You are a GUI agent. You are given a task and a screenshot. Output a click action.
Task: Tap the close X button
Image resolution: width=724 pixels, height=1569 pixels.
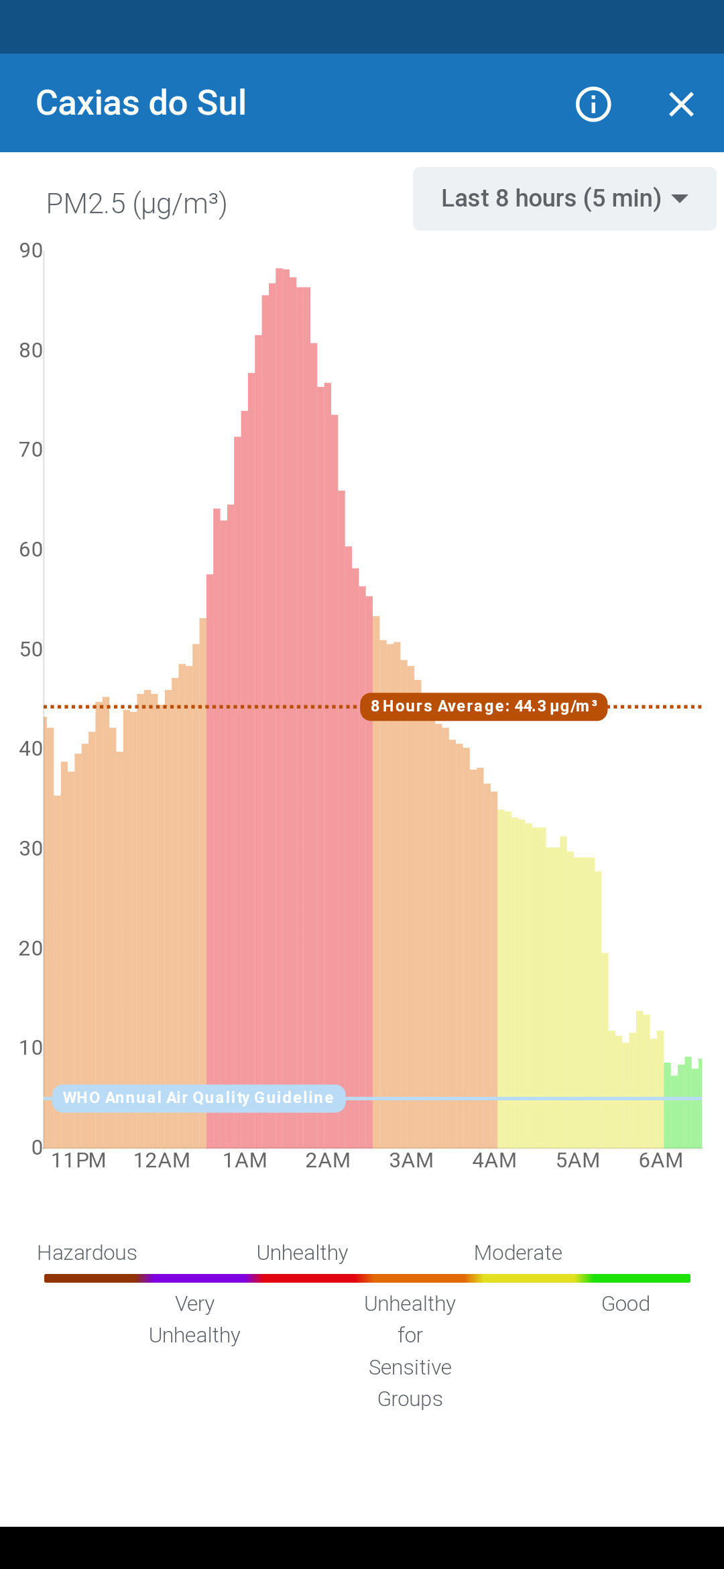point(681,104)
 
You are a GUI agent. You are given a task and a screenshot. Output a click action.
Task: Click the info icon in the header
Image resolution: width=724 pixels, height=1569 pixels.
point(593,104)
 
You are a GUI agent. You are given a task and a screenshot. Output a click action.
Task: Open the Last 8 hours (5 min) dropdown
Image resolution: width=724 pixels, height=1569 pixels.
point(564,198)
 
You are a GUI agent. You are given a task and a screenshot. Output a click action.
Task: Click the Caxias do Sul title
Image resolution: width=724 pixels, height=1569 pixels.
point(141,103)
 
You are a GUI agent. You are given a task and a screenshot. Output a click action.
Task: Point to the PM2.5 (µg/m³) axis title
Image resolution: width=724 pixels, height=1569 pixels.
point(136,203)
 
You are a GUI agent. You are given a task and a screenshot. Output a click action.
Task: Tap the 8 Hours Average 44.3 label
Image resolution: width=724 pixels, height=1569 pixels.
point(483,707)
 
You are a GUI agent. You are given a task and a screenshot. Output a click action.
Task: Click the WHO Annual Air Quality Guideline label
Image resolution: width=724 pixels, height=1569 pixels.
point(198,1098)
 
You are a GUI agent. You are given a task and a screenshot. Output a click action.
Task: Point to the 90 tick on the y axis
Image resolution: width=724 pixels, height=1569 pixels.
point(31,251)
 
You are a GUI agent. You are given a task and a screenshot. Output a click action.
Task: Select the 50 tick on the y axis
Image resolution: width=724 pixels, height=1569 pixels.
point(31,649)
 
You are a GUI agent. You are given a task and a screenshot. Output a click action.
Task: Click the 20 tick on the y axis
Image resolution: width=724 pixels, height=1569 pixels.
point(31,948)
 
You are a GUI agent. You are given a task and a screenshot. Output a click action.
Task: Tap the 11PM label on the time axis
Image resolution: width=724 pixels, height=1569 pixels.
point(78,1160)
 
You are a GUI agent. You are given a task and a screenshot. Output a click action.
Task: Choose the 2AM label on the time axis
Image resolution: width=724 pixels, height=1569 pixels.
point(328,1160)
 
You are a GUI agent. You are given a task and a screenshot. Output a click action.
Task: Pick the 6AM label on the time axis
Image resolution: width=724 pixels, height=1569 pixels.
point(660,1160)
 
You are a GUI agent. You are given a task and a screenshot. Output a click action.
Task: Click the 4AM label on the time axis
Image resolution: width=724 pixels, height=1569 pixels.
point(494,1160)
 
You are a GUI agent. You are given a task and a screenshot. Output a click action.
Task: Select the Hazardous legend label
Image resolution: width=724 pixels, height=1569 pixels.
point(87,1253)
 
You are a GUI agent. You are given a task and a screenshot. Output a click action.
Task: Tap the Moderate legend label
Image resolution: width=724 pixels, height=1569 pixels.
point(518,1253)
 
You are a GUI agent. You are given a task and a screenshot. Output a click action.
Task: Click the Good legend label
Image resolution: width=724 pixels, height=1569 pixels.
point(625,1303)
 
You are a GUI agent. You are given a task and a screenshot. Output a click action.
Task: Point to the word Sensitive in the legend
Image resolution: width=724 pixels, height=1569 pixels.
point(410,1367)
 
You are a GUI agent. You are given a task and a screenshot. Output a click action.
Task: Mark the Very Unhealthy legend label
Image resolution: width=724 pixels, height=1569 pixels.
point(194,1319)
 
